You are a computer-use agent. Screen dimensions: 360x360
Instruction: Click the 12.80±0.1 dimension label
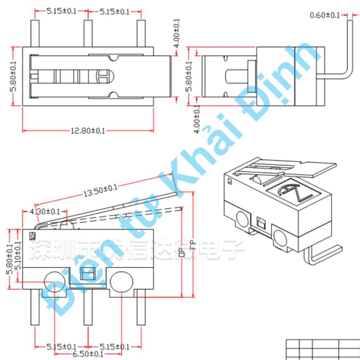(87, 131)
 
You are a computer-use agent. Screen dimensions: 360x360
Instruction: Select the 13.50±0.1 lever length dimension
(101, 190)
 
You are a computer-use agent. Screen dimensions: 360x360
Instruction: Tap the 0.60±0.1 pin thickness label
(325, 15)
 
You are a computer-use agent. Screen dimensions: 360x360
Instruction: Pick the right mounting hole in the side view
(121, 282)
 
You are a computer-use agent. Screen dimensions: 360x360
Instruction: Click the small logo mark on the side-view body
(33, 236)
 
